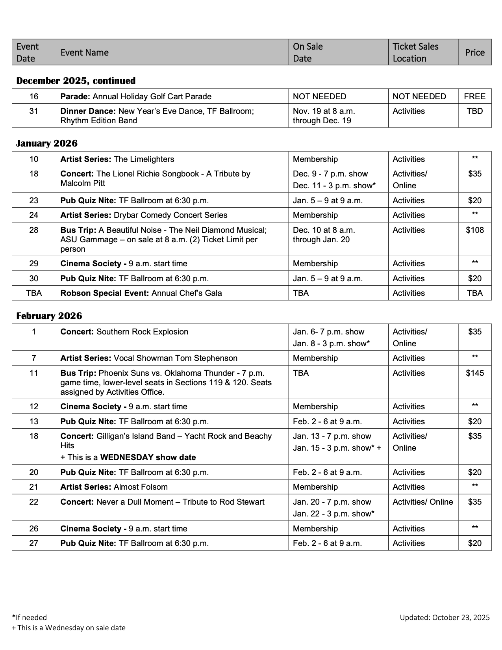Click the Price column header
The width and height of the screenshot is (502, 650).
(x=475, y=52)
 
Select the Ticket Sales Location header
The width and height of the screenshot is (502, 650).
(x=415, y=52)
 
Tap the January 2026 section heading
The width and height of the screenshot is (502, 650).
(x=47, y=143)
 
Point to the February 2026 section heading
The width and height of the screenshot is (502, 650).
(x=49, y=316)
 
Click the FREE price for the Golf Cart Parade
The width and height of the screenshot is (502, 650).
(x=475, y=97)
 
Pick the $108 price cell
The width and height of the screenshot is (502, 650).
(x=475, y=230)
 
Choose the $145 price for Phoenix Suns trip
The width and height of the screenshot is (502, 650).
(x=475, y=373)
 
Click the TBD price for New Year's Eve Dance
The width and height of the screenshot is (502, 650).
(x=475, y=111)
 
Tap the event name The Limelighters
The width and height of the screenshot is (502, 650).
(x=144, y=159)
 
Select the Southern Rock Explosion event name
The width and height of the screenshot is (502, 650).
(x=142, y=332)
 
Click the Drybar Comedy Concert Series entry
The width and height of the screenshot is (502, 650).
(x=170, y=215)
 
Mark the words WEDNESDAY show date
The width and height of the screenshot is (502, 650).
(x=148, y=457)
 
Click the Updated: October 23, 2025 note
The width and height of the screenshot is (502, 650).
(x=445, y=617)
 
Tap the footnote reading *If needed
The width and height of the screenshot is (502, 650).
(x=30, y=617)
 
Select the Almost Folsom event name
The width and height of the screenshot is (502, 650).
(x=141, y=487)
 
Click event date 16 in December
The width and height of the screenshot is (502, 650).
(x=34, y=97)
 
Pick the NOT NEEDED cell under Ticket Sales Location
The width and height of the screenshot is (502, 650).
(x=419, y=97)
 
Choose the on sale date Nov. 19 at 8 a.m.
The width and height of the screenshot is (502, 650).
(x=324, y=111)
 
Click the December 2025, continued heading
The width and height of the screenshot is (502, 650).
(x=76, y=81)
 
